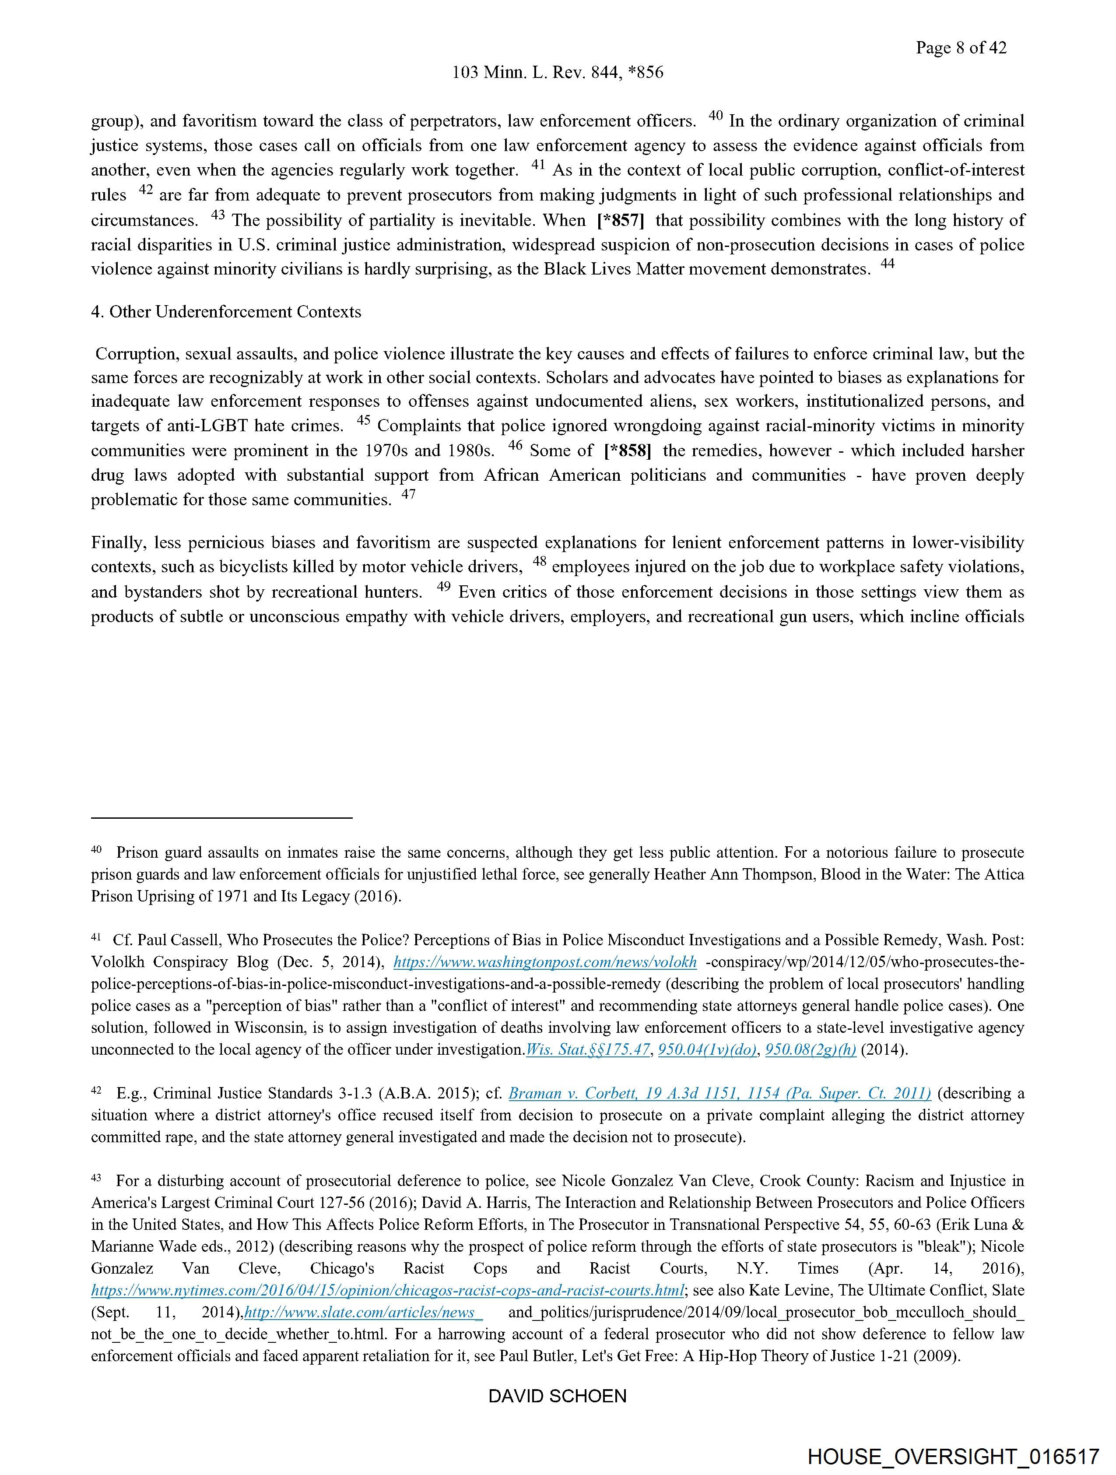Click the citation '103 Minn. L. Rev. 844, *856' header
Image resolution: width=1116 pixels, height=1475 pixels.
pos(557,73)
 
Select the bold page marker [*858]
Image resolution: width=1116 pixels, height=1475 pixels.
pos(627,451)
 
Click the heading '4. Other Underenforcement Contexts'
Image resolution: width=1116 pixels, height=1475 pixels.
pos(226,312)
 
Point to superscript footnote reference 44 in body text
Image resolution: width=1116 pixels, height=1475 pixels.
pos(888,264)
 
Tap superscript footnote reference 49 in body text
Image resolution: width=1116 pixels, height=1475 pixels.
pos(445,586)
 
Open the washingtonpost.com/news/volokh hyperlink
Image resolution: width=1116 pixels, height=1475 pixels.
pos(545,962)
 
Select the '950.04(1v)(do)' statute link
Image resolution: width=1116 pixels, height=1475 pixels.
pos(707,1049)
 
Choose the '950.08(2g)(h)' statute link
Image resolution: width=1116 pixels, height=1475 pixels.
pos(811,1049)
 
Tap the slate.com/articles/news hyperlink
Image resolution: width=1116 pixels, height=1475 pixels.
pos(363,1312)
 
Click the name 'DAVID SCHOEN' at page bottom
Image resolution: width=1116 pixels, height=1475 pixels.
pos(557,1396)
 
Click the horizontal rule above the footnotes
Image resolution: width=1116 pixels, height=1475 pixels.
pos(221,817)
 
